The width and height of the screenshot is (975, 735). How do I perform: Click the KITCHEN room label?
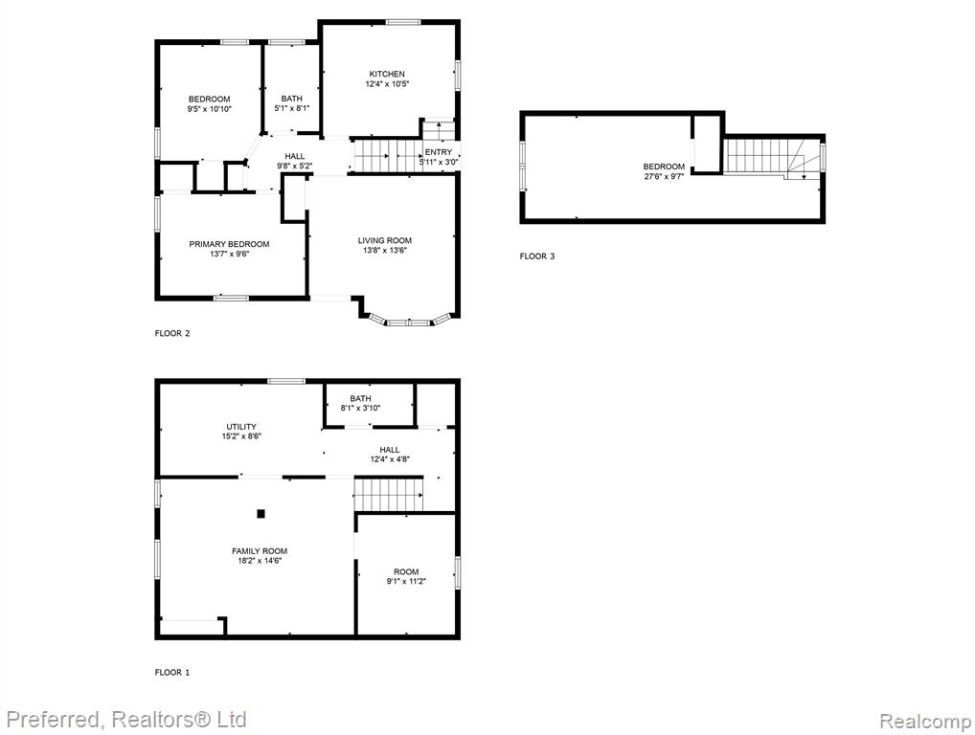[387, 74]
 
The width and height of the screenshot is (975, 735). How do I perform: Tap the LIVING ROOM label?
[384, 240]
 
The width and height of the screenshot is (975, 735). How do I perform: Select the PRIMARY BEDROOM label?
[230, 244]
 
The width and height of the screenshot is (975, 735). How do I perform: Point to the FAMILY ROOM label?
[260, 551]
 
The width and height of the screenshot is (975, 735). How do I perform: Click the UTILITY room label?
[241, 427]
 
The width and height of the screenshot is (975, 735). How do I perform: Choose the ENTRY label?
[439, 152]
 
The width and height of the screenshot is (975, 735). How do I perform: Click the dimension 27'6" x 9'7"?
[664, 176]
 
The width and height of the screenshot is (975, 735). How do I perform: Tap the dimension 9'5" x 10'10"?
[210, 109]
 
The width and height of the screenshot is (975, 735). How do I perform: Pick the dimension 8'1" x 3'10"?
[361, 409]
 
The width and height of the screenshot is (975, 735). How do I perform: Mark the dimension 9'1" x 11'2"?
[406, 582]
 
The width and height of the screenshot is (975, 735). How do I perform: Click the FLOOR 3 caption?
[537, 256]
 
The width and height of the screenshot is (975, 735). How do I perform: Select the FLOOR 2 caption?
[172, 334]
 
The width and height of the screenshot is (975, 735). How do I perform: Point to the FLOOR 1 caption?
[172, 672]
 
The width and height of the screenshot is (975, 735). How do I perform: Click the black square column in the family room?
[261, 514]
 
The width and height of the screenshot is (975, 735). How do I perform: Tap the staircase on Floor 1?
[389, 495]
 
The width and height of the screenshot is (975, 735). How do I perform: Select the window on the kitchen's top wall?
[402, 22]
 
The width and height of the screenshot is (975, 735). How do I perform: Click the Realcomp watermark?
[925, 722]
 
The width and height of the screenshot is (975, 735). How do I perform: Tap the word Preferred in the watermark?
[53, 720]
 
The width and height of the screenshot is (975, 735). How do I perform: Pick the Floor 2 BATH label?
[291, 99]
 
